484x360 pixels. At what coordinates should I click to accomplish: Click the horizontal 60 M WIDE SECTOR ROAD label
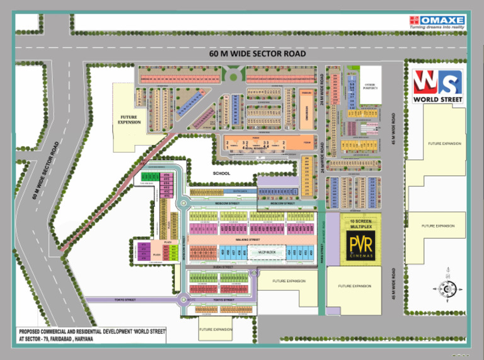click(258, 54)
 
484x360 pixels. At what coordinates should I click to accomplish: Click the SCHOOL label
click(222, 173)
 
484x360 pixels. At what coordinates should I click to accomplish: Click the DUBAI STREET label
click(224, 267)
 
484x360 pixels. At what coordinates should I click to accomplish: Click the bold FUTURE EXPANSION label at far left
click(130, 120)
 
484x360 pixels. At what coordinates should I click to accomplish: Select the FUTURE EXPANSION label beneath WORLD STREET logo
click(444, 144)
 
